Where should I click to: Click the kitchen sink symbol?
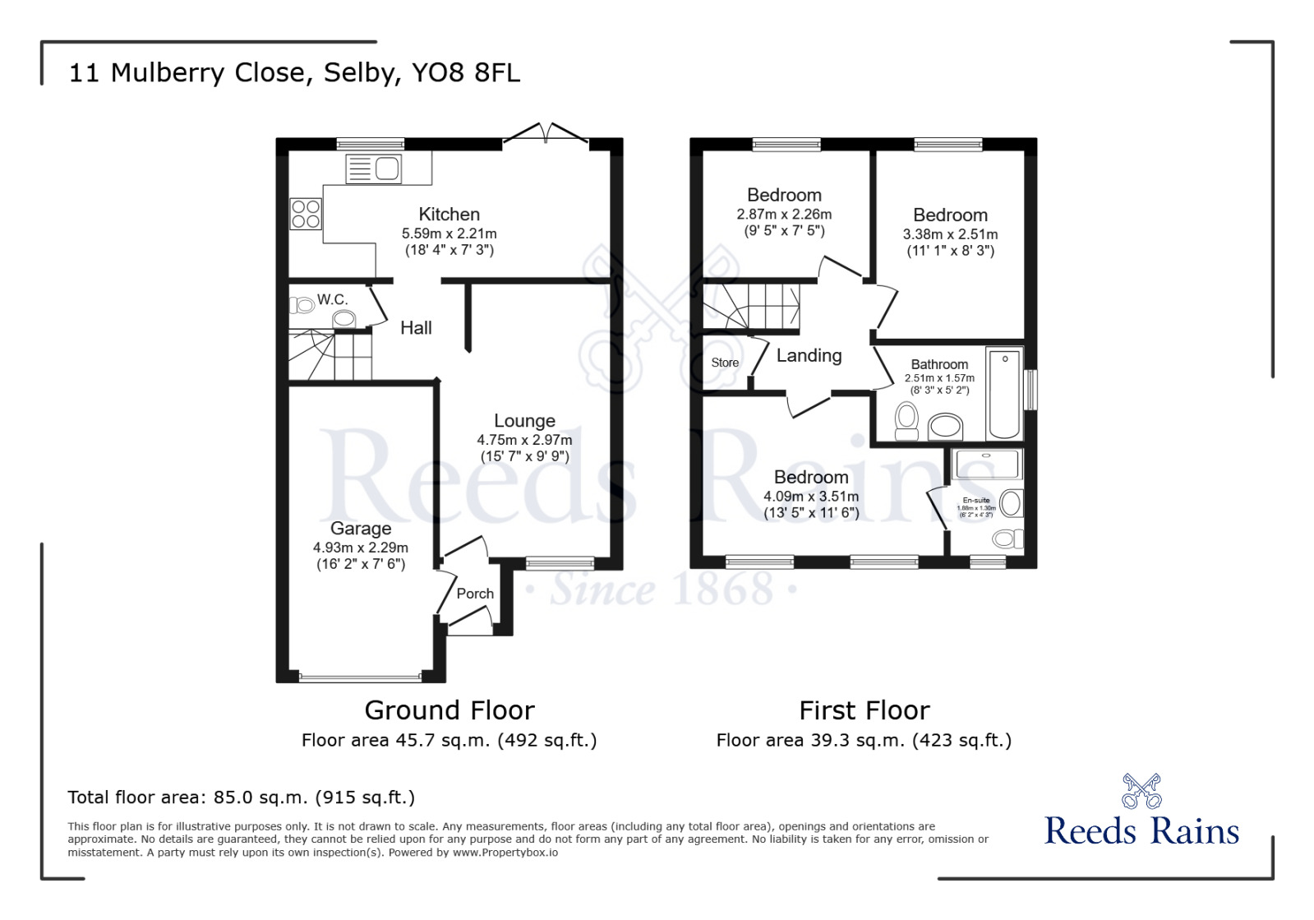[374, 169]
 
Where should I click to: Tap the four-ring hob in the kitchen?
[306, 215]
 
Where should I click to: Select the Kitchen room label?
[449, 215]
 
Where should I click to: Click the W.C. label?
[332, 300]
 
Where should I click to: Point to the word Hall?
[416, 328]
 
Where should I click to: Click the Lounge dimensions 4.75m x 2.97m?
[524, 440]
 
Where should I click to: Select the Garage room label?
[361, 529]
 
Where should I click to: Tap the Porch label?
[475, 594]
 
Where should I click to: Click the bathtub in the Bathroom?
[1004, 394]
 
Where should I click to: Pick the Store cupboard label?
[725, 363]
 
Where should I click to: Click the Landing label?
[809, 356]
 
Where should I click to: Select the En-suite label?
[976, 500]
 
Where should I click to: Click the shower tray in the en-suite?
[987, 464]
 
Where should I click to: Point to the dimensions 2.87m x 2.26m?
[784, 215]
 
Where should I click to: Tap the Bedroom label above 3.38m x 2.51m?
[950, 215]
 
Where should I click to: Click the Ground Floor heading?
[450, 710]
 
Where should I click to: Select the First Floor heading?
[864, 710]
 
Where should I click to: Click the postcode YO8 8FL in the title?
[466, 73]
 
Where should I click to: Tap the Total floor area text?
[241, 797]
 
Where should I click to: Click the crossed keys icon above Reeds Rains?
[1141, 791]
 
